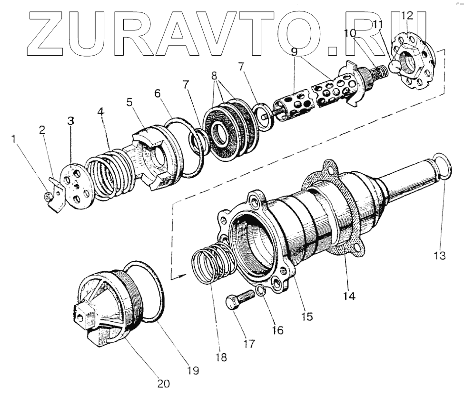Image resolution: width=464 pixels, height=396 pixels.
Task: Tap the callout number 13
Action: coord(439,256)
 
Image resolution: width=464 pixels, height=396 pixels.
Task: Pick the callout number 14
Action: coord(349,295)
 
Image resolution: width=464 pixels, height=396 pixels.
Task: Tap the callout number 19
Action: coord(193,369)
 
